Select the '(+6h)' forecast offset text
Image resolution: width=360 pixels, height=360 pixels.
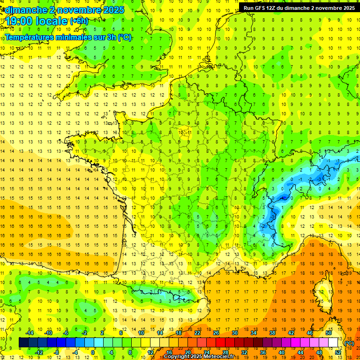point(79,21)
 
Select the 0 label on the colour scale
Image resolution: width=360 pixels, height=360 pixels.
point(93,352)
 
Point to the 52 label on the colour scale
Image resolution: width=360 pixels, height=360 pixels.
point(337,352)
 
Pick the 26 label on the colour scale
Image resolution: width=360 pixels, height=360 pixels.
point(216,333)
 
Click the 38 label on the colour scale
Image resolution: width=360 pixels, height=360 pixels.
point(272,333)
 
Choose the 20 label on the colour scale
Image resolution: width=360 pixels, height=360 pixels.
point(187,352)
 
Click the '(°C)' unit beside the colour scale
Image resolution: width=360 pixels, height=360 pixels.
point(349,343)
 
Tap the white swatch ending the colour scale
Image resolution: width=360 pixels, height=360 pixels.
point(333,343)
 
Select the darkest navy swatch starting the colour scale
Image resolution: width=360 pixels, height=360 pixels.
point(23,343)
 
